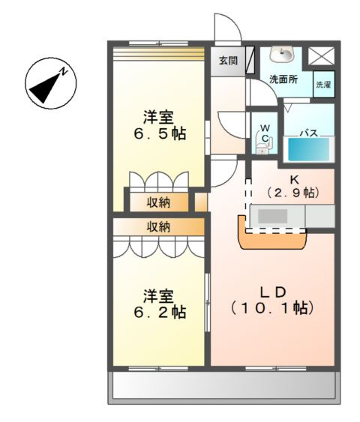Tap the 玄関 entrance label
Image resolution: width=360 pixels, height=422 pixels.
pos(228,61)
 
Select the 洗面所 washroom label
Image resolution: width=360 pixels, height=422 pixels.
pos(284,78)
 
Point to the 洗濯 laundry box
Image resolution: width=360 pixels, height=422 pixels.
pos(322,85)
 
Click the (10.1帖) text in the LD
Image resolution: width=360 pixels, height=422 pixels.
pos(271,307)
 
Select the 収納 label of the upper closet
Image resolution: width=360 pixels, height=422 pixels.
pos(157,202)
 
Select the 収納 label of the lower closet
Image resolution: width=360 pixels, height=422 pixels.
pos(157,226)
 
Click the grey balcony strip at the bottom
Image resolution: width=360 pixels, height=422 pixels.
pos(223,386)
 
